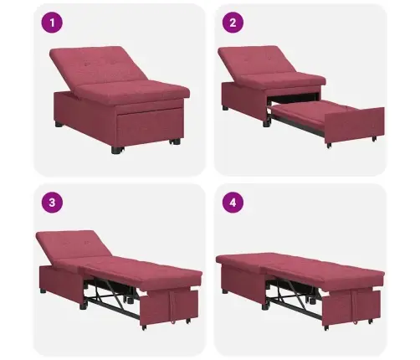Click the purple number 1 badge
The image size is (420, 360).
point(52,23)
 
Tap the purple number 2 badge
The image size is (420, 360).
point(233,23)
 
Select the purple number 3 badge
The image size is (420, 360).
point(52,202)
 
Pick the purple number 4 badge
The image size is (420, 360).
point(233,202)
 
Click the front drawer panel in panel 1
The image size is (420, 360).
point(149,124)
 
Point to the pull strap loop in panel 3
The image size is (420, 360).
point(173,308)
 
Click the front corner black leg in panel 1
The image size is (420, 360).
point(115,150)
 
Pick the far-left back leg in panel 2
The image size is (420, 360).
point(225,108)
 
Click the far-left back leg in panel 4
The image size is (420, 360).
point(225,291)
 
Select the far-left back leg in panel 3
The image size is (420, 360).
point(43,291)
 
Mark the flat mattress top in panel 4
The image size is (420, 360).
point(300,265)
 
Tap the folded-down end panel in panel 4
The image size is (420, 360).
point(351,307)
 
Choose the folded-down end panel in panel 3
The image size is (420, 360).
point(169,307)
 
